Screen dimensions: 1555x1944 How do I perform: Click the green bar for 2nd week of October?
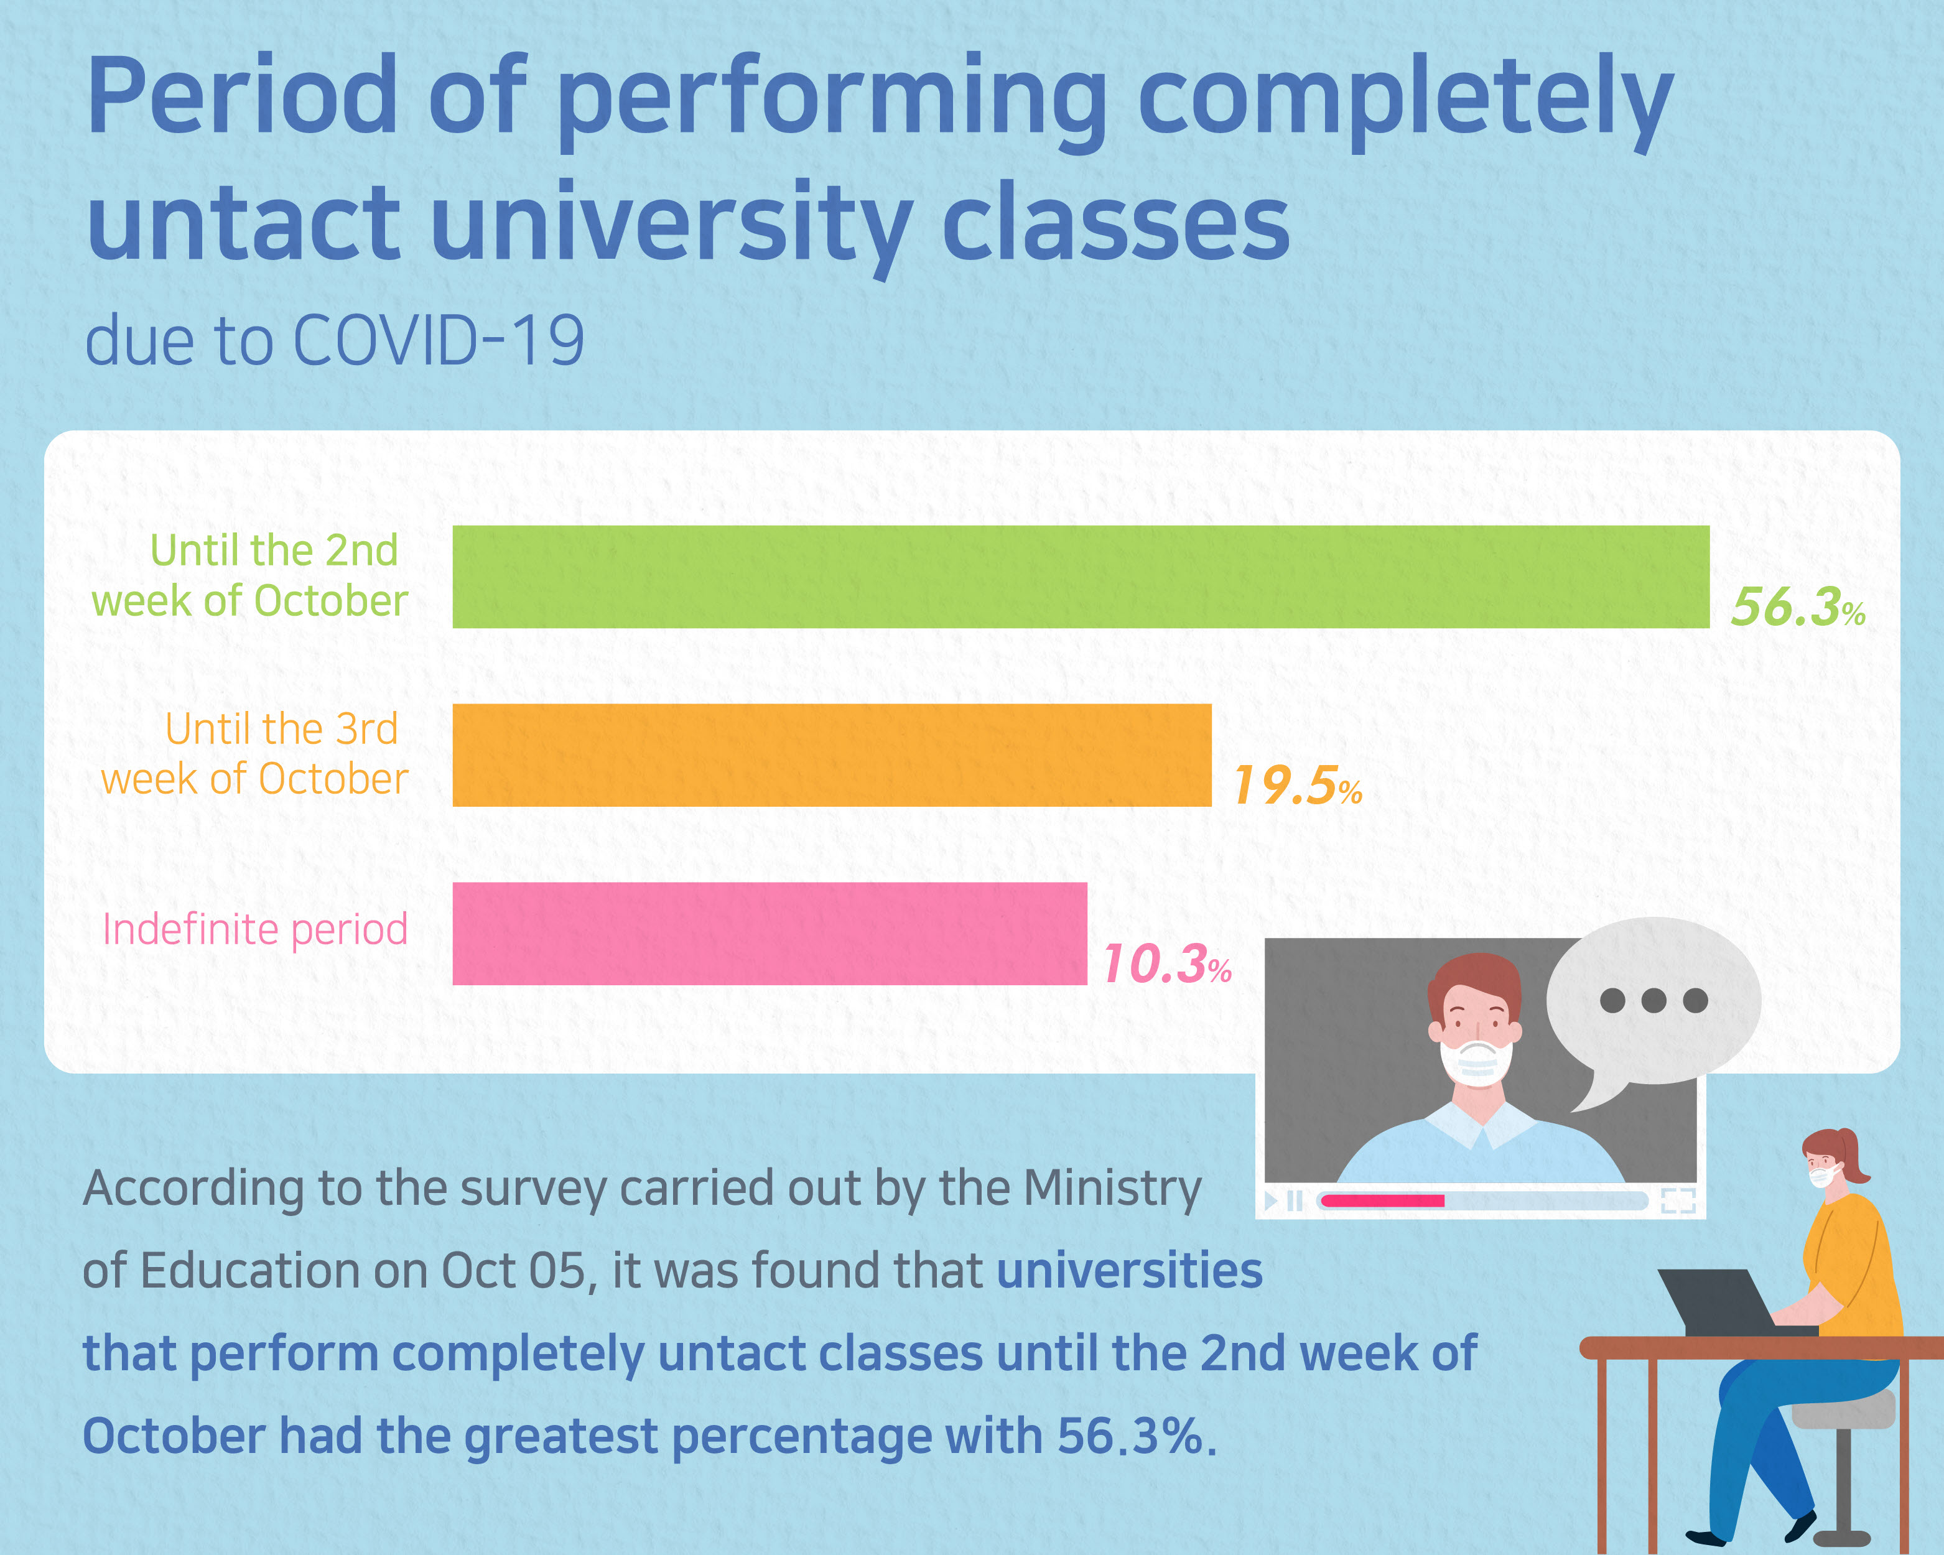click(x=1080, y=577)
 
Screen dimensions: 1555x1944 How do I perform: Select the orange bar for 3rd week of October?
click(x=831, y=755)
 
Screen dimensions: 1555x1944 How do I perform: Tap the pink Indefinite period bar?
click(x=769, y=934)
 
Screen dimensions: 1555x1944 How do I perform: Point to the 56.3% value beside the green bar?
click(x=1797, y=606)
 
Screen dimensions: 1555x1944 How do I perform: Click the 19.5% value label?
click(x=1296, y=785)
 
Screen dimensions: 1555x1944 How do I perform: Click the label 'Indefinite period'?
click(x=255, y=929)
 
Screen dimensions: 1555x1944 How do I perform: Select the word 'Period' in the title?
click(x=241, y=98)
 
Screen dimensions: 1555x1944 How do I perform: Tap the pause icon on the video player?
click(x=1295, y=1200)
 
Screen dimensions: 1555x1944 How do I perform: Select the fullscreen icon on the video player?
click(x=1678, y=1200)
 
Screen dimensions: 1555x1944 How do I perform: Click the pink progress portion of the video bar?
click(x=1382, y=1200)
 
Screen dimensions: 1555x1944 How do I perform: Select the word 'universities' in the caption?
click(x=1129, y=1271)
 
